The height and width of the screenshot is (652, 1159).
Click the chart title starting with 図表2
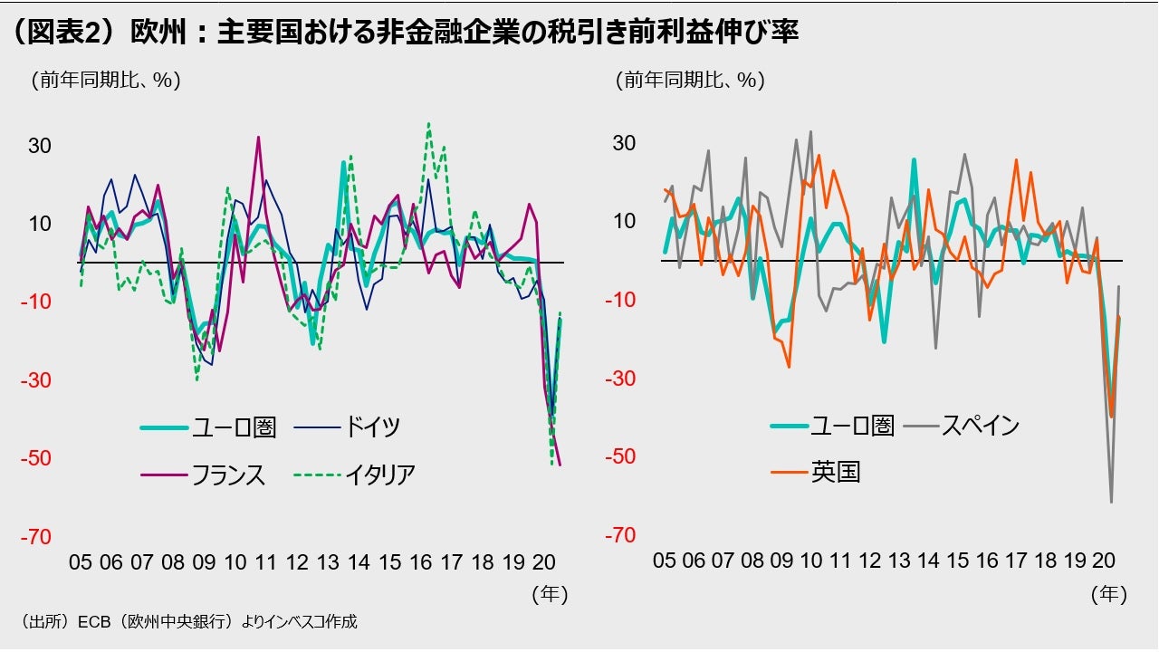click(403, 34)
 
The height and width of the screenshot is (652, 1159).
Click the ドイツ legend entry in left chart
click(370, 427)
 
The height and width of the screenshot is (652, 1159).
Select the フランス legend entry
click(228, 475)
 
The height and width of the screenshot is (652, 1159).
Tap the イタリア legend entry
click(379, 475)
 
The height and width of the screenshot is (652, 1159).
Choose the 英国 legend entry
click(835, 472)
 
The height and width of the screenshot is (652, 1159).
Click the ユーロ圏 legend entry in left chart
click(234, 427)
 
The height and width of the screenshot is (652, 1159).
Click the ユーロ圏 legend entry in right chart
click(852, 426)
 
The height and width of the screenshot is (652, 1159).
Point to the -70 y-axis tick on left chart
click(38, 537)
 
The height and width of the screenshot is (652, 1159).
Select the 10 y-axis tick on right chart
click(625, 221)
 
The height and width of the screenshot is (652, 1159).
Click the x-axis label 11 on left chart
click(265, 562)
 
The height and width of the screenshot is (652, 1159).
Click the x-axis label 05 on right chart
click(665, 561)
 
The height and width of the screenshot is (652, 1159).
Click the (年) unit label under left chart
click(549, 594)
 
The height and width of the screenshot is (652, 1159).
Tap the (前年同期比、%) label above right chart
click(690, 80)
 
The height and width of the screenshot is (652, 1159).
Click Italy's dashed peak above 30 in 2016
click(428, 124)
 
